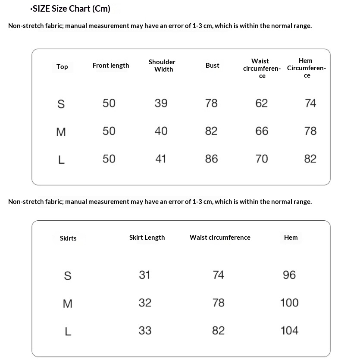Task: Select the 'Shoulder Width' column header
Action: tap(162, 66)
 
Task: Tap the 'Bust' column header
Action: tap(212, 66)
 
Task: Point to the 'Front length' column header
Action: tap(111, 66)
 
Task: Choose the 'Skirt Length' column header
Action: tap(147, 238)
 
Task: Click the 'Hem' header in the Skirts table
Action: tap(291, 238)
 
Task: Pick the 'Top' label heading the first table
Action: tap(62, 66)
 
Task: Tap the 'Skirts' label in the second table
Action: tap(68, 238)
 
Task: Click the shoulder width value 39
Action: tap(161, 103)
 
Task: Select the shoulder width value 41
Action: tap(161, 159)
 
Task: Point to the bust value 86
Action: tap(211, 159)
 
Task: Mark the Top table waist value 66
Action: tap(262, 131)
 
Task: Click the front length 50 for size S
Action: tap(109, 103)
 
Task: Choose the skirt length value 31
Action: tap(145, 275)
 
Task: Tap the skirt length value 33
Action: tap(145, 331)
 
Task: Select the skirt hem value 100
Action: tap(289, 303)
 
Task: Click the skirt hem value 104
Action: tap(289, 331)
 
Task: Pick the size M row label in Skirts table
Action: tap(68, 304)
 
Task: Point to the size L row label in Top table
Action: tap(61, 160)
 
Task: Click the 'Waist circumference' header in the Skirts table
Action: tap(220, 238)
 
